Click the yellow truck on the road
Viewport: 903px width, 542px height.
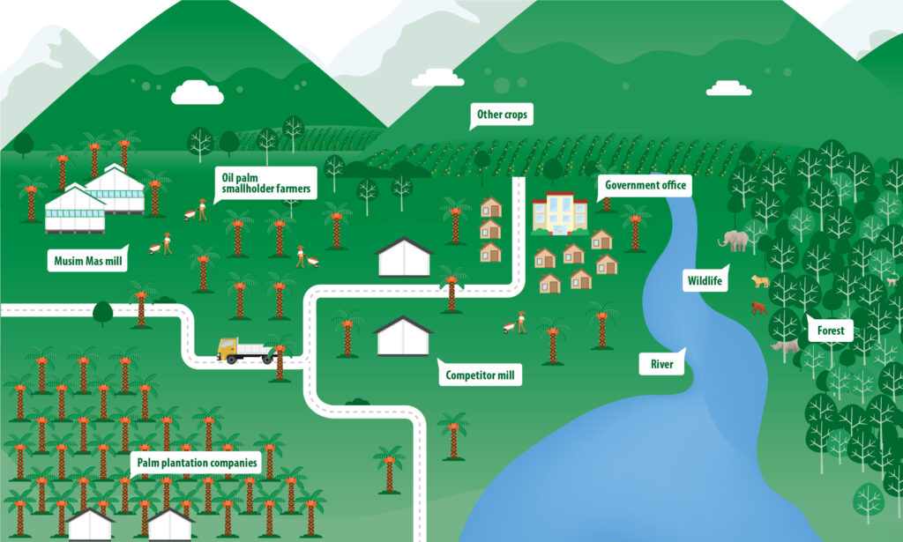[245, 351]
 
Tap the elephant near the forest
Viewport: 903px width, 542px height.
[735, 240]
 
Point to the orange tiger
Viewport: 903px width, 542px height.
[760, 282]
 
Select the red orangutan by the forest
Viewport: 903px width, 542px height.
[757, 308]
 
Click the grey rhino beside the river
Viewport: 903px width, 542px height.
[784, 347]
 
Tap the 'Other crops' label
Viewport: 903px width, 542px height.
[500, 115]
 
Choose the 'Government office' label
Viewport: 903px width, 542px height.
[643, 186]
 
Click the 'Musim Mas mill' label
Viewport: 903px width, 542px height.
[85, 260]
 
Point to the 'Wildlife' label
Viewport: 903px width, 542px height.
[705, 281]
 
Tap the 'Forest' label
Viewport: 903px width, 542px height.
[830, 331]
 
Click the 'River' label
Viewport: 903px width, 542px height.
[662, 362]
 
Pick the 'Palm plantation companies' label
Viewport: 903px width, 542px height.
[197, 462]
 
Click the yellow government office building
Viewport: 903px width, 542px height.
[559, 214]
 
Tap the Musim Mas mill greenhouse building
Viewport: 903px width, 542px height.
[96, 198]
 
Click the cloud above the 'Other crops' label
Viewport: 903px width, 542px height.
[437, 78]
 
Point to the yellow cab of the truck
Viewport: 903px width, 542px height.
[228, 349]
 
